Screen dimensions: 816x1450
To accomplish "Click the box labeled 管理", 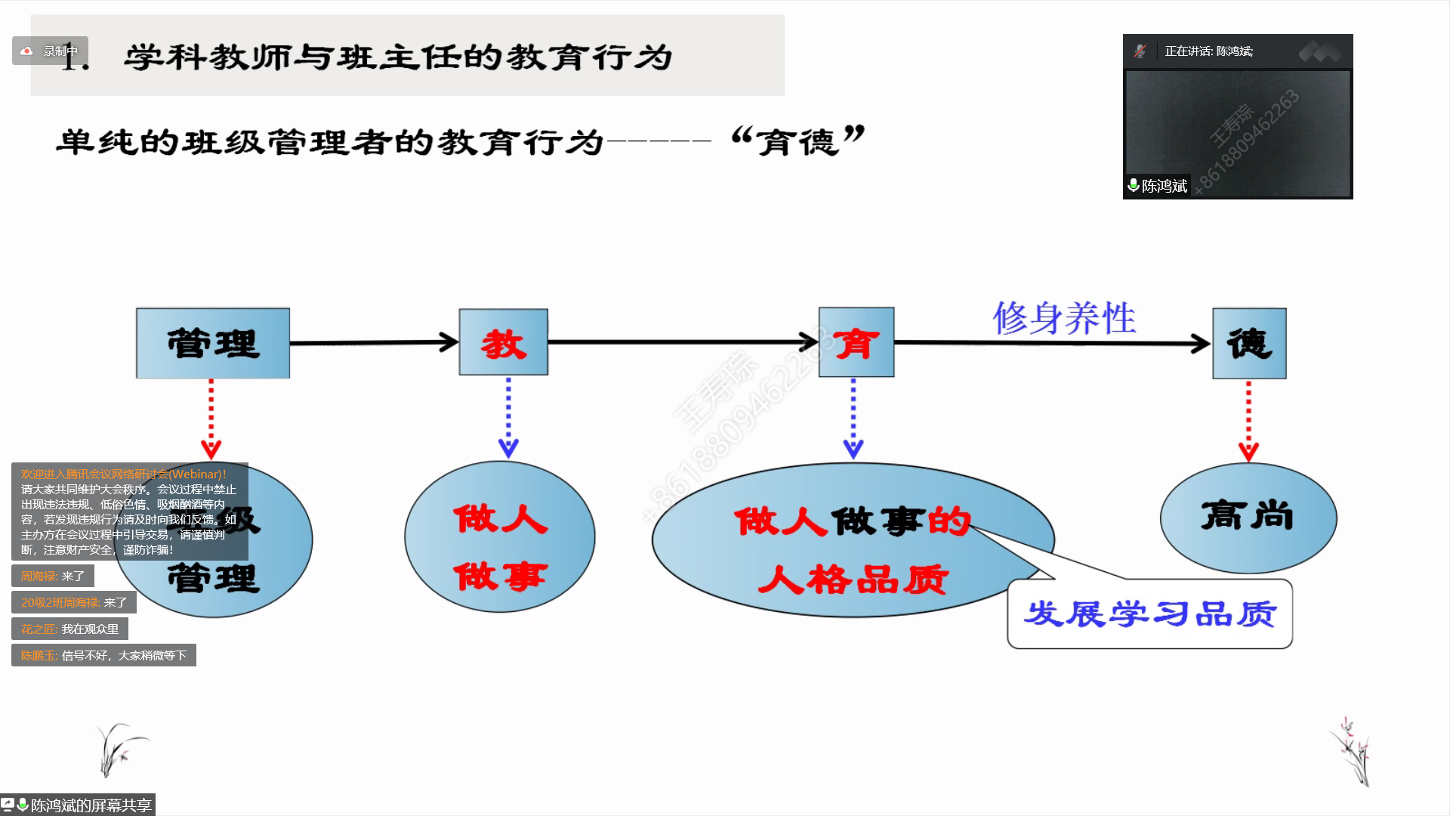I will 213,343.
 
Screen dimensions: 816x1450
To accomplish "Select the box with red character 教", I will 504,342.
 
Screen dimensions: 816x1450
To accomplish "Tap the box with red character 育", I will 856,342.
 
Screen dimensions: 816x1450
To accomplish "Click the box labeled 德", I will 1249,343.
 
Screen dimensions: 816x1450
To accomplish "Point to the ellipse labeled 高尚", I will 1248,518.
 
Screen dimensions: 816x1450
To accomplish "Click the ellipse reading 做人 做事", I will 500,537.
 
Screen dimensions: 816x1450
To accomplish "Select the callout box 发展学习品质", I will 1149,614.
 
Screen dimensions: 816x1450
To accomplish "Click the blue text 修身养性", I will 1064,317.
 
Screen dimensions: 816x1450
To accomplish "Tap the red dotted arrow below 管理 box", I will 211,419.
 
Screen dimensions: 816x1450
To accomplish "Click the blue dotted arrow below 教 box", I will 508,417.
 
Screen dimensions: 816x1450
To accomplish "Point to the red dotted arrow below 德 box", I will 1248,420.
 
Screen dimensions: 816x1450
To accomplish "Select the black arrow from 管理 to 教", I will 374,342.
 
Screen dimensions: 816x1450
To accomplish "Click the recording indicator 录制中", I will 51,51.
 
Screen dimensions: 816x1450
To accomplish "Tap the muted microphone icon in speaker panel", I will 1140,51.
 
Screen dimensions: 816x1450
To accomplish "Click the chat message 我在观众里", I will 70,629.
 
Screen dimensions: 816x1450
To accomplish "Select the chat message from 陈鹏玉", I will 103,655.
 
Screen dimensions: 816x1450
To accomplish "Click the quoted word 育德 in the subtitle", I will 797,141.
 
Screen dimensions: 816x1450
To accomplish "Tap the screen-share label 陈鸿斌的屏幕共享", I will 79,805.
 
